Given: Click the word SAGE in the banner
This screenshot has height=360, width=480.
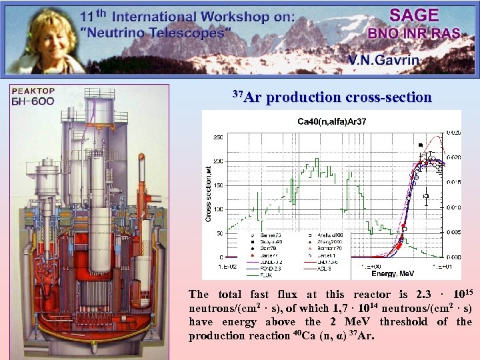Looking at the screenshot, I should [414, 15].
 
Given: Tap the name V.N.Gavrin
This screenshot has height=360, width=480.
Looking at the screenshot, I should [383, 60].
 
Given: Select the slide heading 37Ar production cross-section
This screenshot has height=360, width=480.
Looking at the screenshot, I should [331, 97].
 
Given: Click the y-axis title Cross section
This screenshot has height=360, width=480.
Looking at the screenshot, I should [207, 193].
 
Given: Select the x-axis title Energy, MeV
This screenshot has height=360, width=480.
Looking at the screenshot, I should [393, 273].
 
